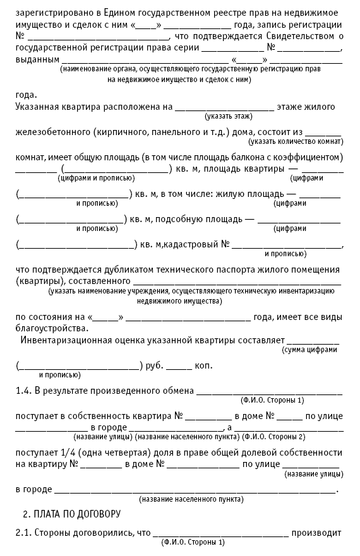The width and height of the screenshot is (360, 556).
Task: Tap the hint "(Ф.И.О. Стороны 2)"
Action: pos(274,437)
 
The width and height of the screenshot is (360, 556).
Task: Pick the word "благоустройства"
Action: pos(52,328)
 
